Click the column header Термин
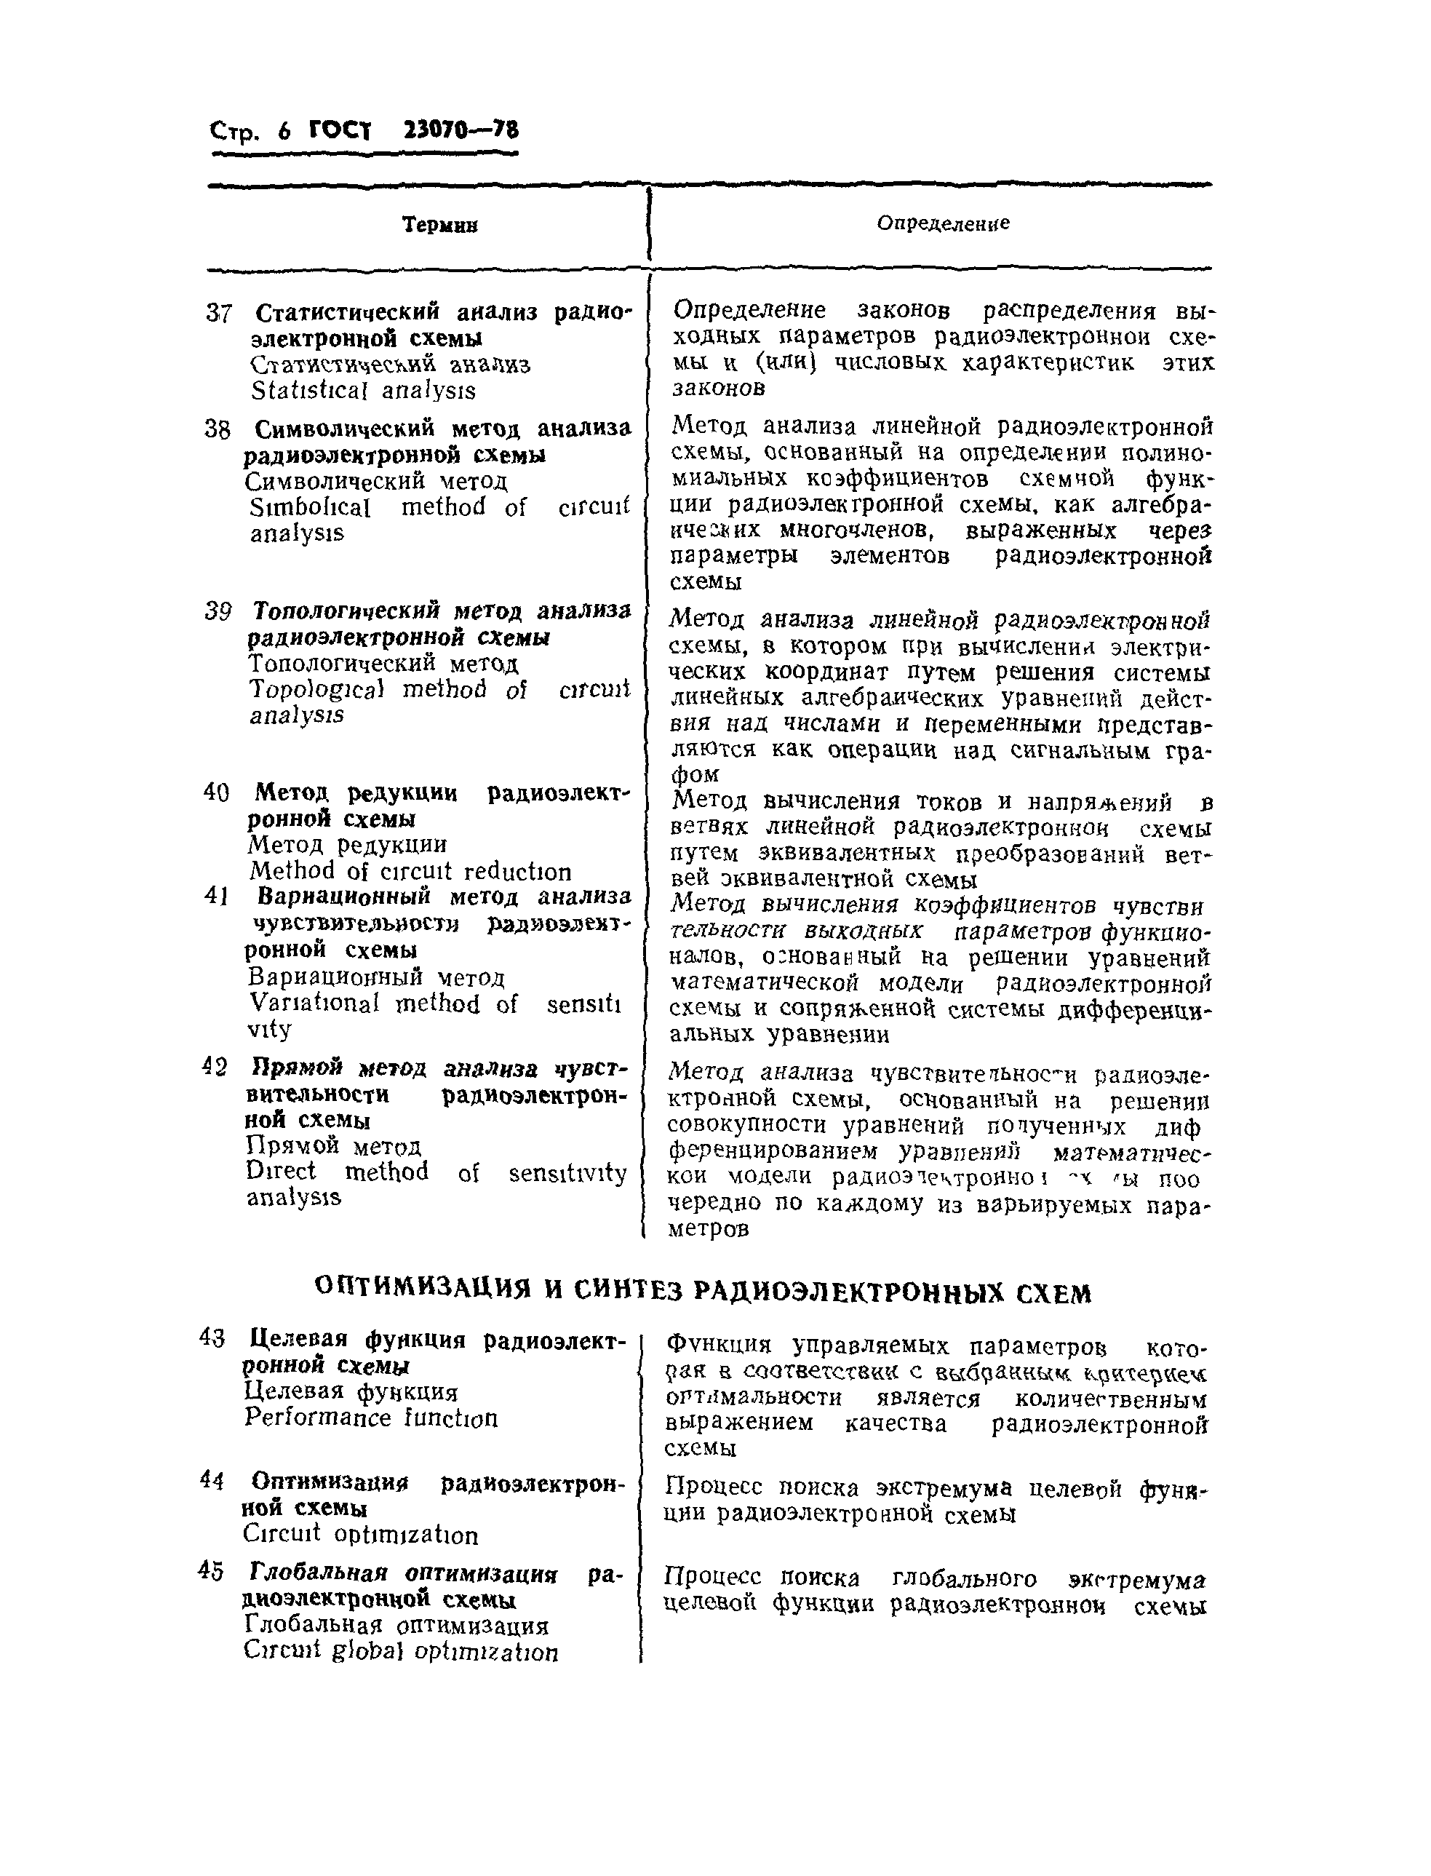coord(439,225)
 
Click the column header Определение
coord(943,223)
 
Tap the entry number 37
coord(219,314)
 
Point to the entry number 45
coord(211,1571)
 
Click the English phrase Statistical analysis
coord(363,391)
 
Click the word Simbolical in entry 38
coord(310,508)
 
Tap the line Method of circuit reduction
coord(410,871)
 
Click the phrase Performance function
coord(370,1418)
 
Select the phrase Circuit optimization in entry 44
coord(360,1535)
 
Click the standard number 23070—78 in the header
coord(460,130)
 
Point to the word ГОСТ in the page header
coord(340,130)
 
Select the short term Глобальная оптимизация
coord(396,1625)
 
